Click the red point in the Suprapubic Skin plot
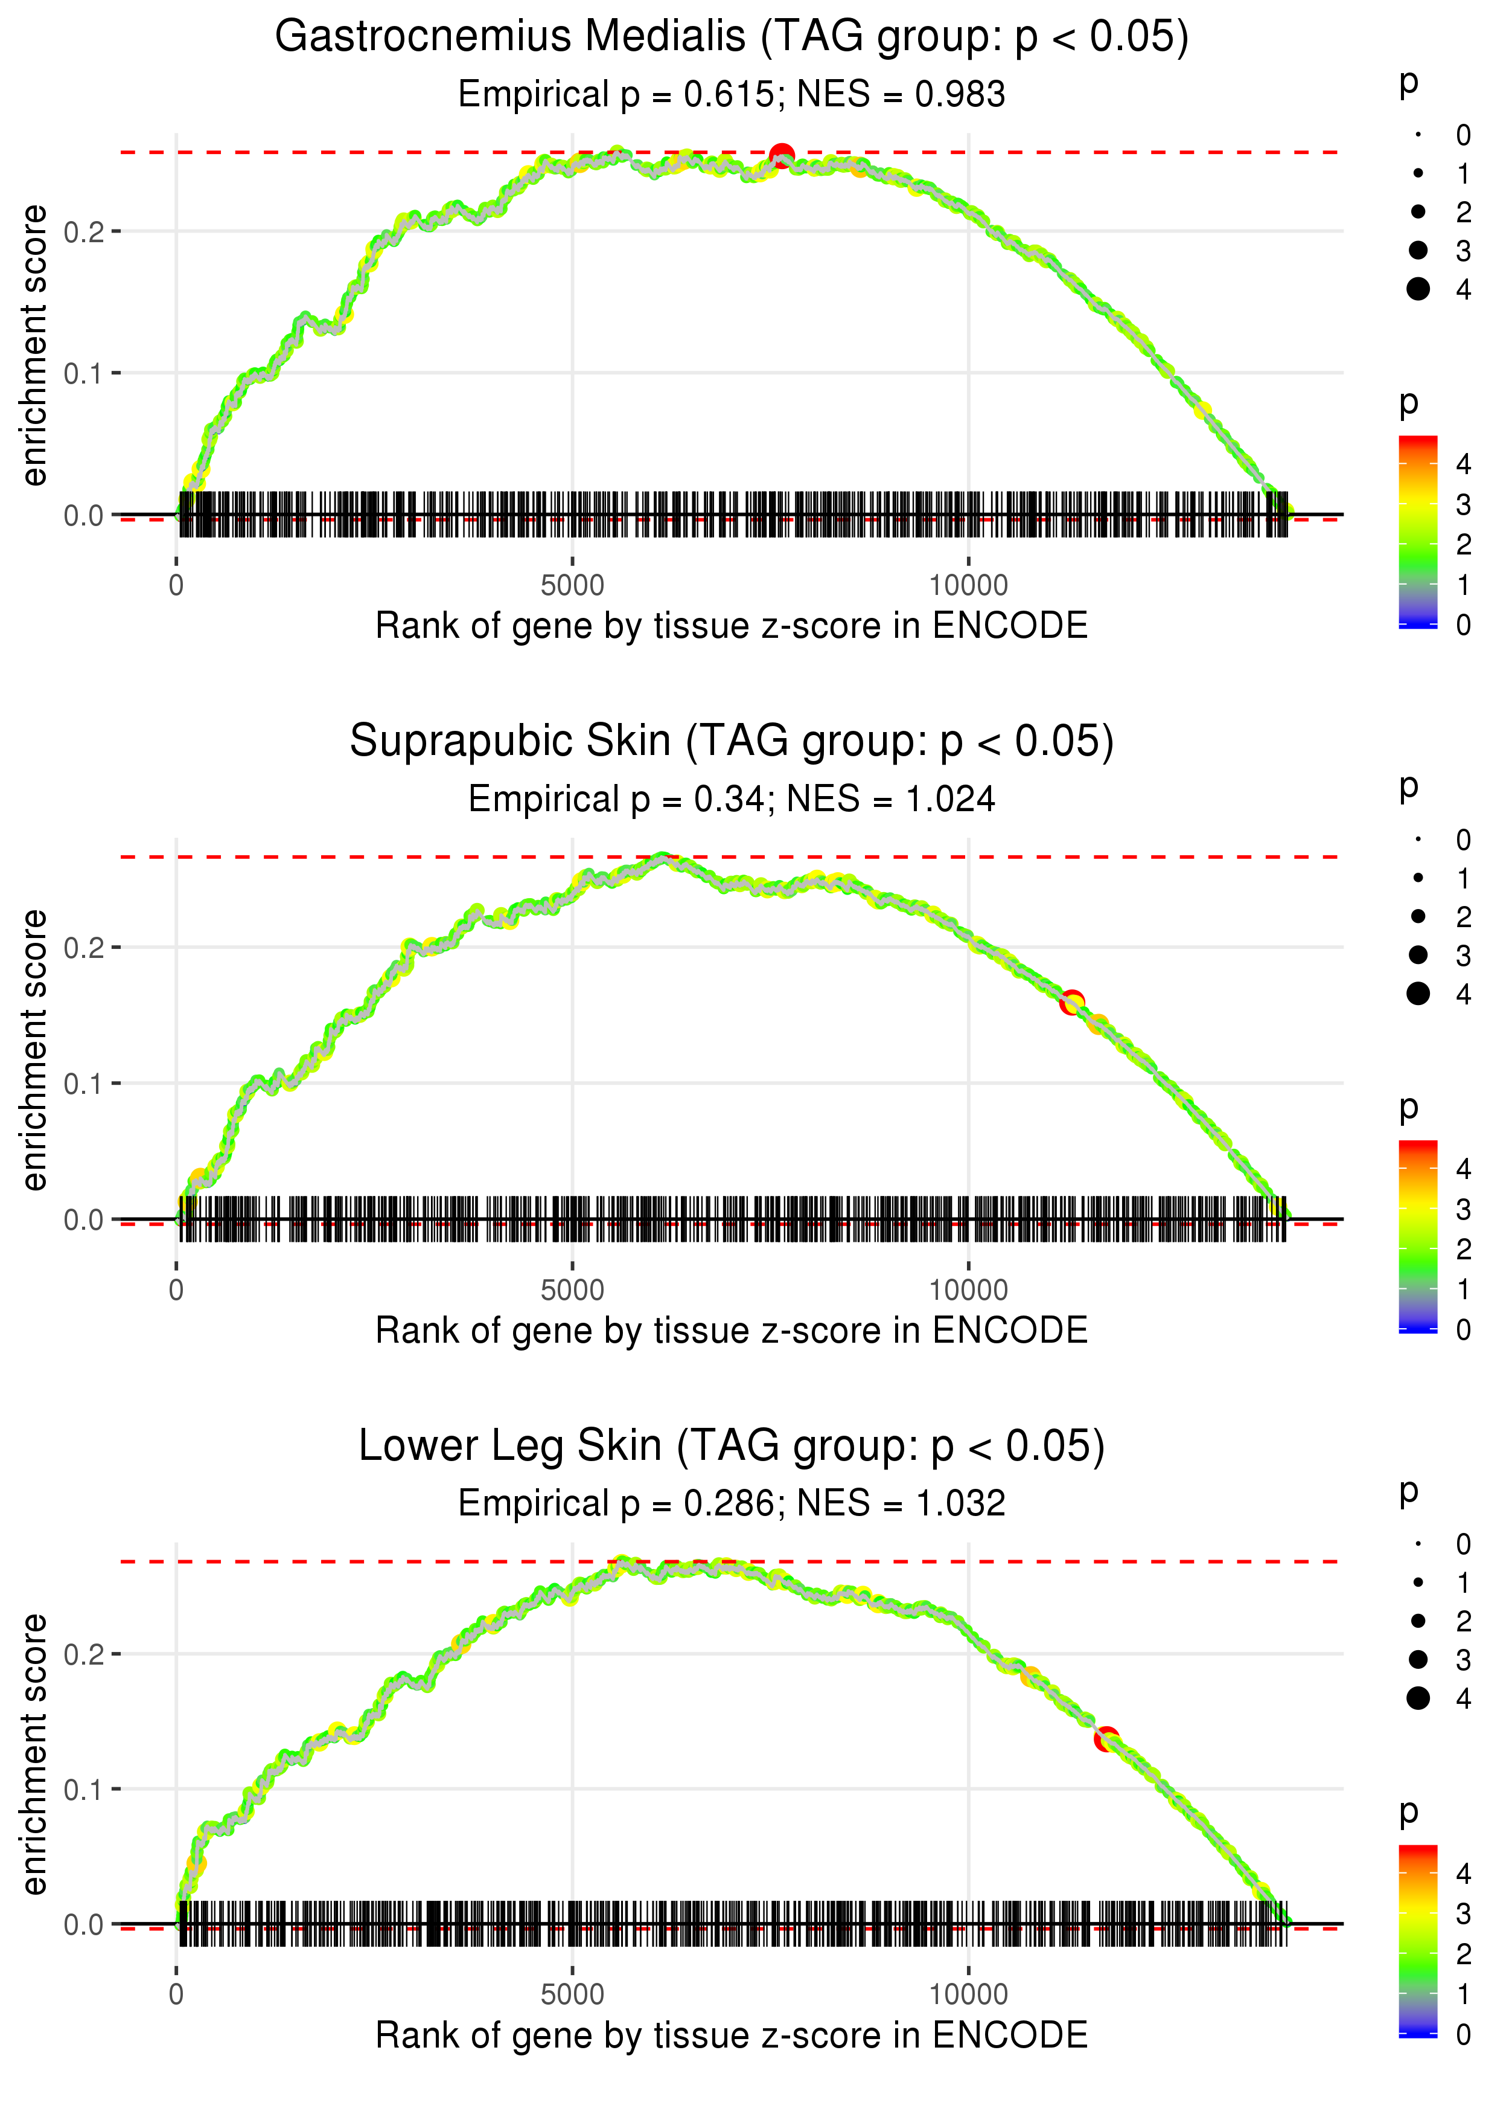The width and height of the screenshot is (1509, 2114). click(1072, 1002)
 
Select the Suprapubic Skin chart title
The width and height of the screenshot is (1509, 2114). click(732, 742)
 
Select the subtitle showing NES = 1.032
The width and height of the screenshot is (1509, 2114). click(732, 1503)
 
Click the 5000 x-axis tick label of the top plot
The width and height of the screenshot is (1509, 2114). click(572, 586)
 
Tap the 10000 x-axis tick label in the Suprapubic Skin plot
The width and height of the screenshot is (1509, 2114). click(968, 1290)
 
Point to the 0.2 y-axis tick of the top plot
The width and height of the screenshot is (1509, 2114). click(84, 231)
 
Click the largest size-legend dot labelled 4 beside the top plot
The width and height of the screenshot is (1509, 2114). click(1418, 289)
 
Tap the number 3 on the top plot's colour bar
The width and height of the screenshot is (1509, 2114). click(1463, 505)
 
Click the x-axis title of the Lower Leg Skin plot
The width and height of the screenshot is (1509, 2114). click(732, 2035)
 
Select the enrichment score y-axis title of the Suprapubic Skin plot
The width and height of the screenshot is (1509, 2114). click(34, 1050)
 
